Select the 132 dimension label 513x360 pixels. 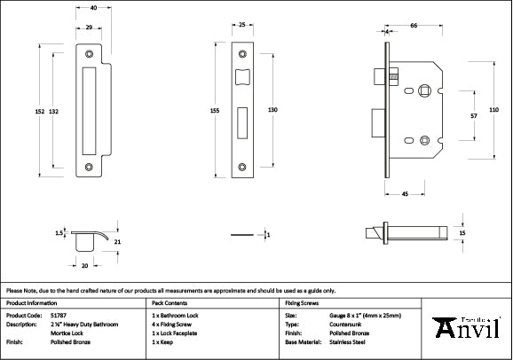coord(54,111)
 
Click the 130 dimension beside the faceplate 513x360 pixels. coord(272,110)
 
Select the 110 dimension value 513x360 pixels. coord(494,109)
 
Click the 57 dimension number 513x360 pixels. coord(475,115)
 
